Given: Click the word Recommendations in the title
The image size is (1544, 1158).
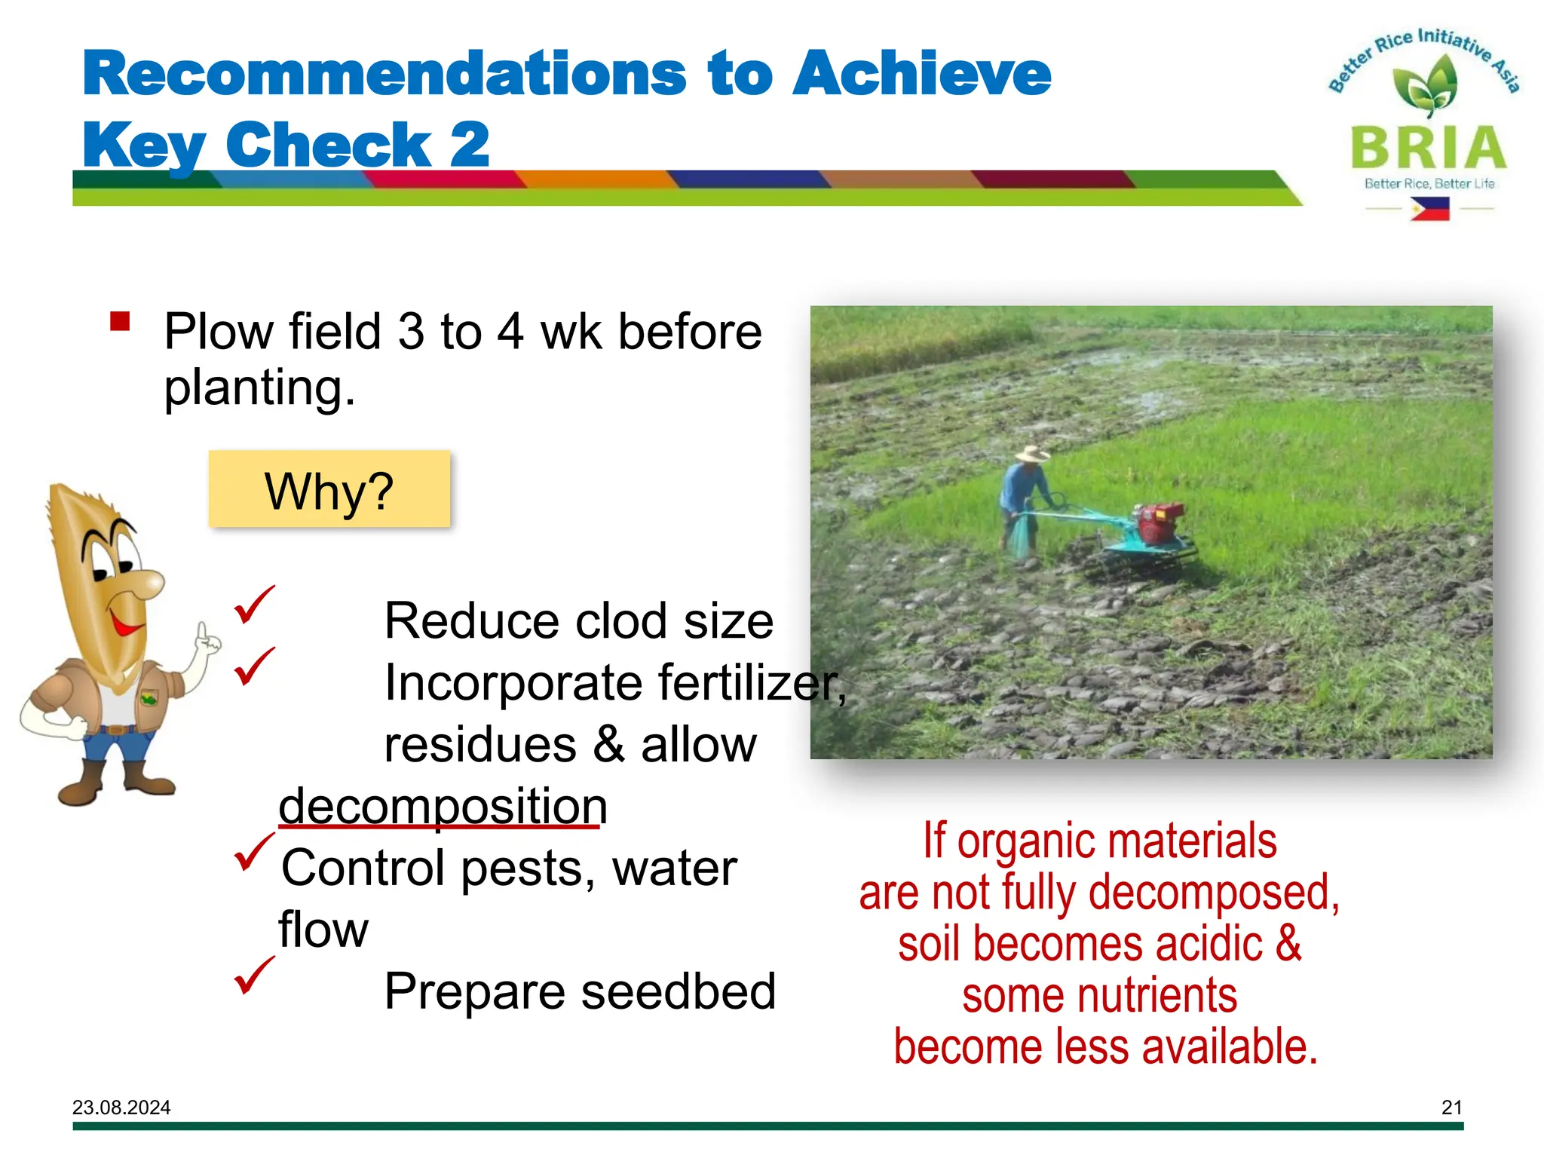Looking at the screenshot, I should coord(384,74).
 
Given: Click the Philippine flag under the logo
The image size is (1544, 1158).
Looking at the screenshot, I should coord(1430,209).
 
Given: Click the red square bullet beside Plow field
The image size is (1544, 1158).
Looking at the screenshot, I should coord(120,322).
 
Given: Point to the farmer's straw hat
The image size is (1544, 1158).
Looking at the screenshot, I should coord(1032,454).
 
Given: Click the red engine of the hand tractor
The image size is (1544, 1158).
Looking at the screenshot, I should coord(1160,521).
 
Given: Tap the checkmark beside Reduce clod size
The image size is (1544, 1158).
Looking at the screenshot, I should coord(253,605).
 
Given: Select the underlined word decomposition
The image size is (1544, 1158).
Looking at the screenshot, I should coord(443,806).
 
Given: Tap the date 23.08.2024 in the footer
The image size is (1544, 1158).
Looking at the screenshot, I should coord(121,1107).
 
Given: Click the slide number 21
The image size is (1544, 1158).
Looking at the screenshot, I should coord(1451,1107).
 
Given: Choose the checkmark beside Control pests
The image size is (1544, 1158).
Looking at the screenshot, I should coord(253,851).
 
